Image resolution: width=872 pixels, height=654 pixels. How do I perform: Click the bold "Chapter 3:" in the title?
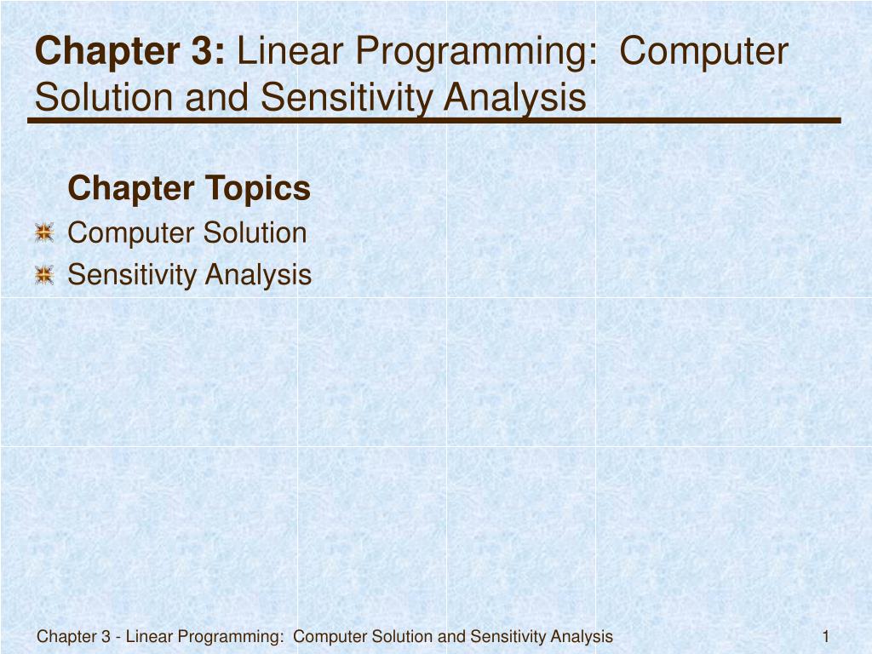(130, 52)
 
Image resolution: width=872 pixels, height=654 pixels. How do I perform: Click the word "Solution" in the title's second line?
(102, 98)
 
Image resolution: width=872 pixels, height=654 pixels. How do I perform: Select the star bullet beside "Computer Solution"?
(44, 233)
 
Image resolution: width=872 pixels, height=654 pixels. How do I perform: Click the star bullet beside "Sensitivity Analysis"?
(44, 275)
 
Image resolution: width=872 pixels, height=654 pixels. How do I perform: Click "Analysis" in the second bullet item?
(259, 275)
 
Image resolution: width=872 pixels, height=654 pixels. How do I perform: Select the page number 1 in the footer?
(826, 636)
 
